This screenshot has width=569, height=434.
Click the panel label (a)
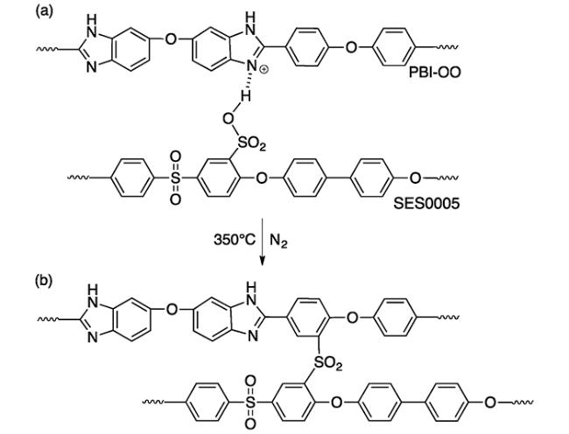click(x=44, y=11)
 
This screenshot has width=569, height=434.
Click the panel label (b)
click(x=44, y=281)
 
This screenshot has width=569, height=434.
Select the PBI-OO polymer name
click(x=435, y=73)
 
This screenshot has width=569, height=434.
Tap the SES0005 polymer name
click(x=426, y=203)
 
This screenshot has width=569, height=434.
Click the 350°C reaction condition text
click(x=235, y=240)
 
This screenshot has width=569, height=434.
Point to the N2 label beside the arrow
click(x=278, y=241)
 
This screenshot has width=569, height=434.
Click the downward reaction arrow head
click(x=262, y=261)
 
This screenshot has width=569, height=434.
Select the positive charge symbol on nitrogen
click(x=264, y=70)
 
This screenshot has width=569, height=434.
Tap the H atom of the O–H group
click(x=246, y=96)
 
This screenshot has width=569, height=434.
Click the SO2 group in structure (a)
click(x=251, y=144)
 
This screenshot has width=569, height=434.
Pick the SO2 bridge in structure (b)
click(x=327, y=363)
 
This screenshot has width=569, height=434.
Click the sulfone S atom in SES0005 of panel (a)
click(x=175, y=178)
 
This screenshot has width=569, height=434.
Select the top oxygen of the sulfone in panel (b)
click(x=250, y=381)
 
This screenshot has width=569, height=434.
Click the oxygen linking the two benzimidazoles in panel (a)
click(x=170, y=38)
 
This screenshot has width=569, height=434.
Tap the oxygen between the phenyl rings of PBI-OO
click(x=351, y=46)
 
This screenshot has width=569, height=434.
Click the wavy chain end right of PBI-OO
click(x=447, y=46)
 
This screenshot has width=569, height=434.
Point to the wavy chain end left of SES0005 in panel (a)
click(x=79, y=178)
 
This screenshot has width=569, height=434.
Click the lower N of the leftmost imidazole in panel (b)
click(x=93, y=338)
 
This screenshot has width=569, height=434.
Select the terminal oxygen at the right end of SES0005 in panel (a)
click(x=415, y=178)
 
